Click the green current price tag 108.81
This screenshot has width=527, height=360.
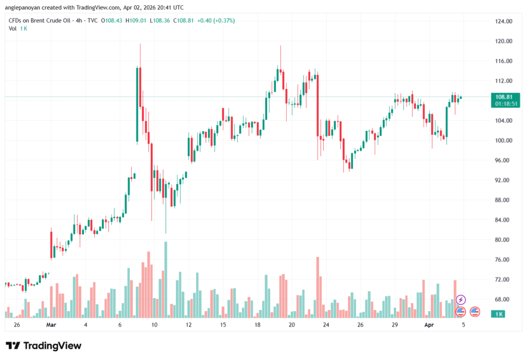(504, 97)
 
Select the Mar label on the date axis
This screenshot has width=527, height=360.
(50, 325)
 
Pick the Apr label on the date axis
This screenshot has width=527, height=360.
(429, 325)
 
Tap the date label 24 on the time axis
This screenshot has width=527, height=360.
(326, 325)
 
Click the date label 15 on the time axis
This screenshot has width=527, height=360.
(223, 325)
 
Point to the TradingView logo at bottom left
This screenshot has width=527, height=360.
(43, 346)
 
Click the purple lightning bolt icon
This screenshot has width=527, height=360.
(461, 300)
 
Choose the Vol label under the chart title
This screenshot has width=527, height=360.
(12, 28)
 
